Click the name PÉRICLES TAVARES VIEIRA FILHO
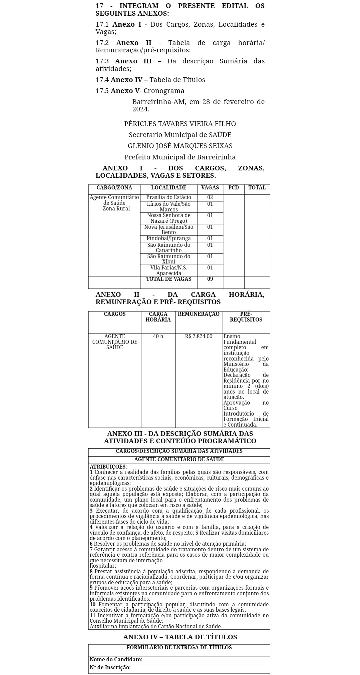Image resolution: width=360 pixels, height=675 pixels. click(x=180, y=124)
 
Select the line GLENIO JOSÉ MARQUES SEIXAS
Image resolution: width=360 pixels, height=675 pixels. click(x=180, y=146)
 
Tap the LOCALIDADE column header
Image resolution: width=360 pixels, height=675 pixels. click(x=168, y=188)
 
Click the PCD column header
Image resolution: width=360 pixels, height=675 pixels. click(x=234, y=188)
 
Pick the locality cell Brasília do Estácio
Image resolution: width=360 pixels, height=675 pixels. click(x=168, y=197)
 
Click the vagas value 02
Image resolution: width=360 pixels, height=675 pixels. click(x=210, y=197)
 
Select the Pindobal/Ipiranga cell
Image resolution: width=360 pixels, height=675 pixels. click(x=168, y=238)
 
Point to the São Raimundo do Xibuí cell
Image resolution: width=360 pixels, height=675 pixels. click(x=168, y=259)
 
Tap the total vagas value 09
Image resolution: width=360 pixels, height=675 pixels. click(x=210, y=279)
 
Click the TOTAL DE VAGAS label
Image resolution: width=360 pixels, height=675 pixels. click(x=168, y=279)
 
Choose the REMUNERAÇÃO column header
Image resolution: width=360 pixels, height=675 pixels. click(x=199, y=314)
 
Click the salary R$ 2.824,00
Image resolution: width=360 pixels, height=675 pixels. click(x=199, y=336)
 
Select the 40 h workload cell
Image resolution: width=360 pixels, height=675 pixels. click(x=158, y=336)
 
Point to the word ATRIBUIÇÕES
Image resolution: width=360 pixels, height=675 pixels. click(x=108, y=467)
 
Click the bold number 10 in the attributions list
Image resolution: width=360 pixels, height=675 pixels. click(x=92, y=605)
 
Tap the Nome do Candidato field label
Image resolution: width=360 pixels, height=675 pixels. click(x=116, y=659)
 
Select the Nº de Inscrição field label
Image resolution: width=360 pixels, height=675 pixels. click(x=110, y=667)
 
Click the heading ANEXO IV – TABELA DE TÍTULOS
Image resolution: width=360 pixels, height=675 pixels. click(x=180, y=637)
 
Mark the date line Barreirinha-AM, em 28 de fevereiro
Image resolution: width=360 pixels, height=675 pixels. click(x=198, y=102)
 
